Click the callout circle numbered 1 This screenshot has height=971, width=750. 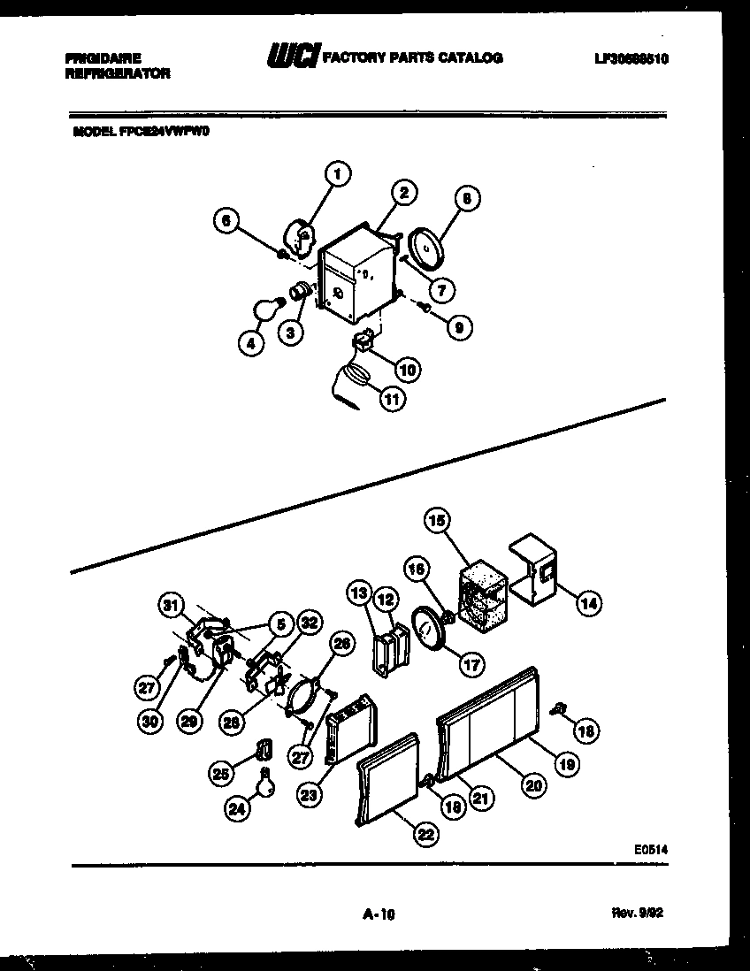click(337, 174)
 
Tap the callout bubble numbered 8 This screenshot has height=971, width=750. click(466, 200)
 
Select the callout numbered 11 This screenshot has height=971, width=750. click(390, 399)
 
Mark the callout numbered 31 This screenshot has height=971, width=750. click(172, 606)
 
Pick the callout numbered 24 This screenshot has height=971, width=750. click(236, 809)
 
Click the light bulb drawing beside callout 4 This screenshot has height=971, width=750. click(267, 310)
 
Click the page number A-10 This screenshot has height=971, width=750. click(378, 917)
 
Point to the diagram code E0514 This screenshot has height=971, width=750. click(650, 849)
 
